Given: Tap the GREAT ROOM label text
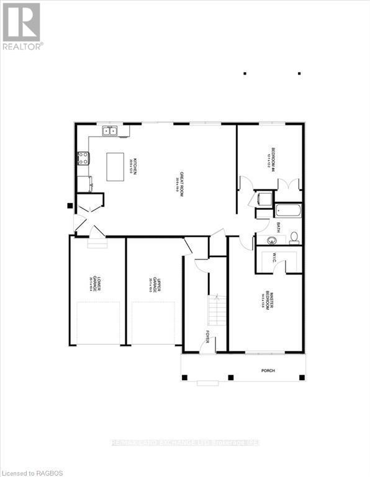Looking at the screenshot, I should click(180, 184).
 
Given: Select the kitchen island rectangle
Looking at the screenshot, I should click(119, 167).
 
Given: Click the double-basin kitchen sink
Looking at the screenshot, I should click(111, 131).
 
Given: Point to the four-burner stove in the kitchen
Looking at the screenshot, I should click(83, 158).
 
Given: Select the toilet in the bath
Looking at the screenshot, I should click(294, 237).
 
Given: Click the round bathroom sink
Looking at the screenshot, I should click(271, 241).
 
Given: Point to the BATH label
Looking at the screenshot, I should click(279, 226).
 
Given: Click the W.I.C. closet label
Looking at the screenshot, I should click(273, 258).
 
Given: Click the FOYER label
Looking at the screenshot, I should click(207, 337).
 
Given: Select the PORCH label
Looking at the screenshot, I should click(268, 371).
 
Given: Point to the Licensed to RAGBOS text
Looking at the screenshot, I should click(29, 471).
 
